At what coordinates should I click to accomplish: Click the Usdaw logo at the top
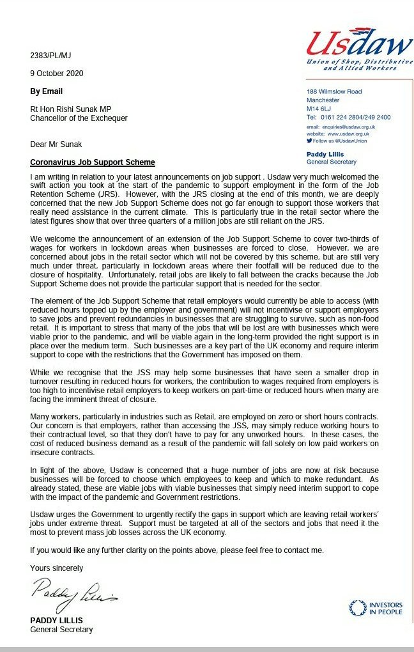tap(358, 48)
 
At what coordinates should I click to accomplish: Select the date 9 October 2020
tap(56, 74)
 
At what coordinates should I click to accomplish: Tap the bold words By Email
tap(46, 91)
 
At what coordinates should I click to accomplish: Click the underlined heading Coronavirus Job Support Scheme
tap(93, 162)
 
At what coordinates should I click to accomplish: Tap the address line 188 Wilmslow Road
tap(335, 92)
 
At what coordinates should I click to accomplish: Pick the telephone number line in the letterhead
tap(348, 118)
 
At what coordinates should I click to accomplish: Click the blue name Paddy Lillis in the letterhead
tap(326, 155)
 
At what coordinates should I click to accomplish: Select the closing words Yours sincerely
tap(56, 568)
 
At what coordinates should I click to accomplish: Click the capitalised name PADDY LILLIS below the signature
tap(57, 621)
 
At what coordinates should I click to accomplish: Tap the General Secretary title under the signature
tap(61, 630)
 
